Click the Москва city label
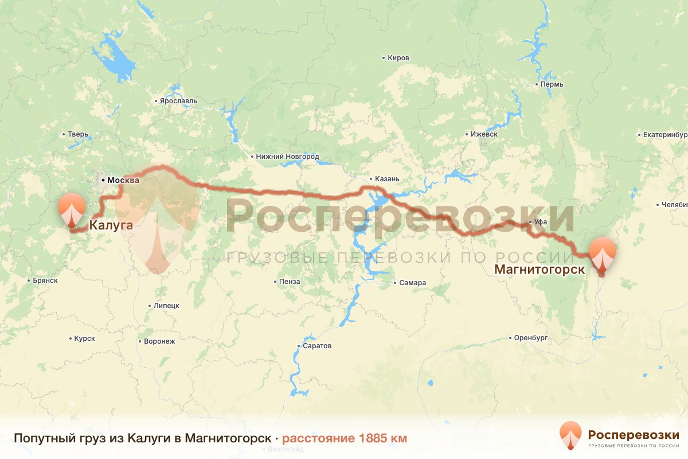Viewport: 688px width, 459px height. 123,180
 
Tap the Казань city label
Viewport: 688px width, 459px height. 386,178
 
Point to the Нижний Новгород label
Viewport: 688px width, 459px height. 287,157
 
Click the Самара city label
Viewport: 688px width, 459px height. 413,283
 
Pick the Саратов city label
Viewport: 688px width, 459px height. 318,346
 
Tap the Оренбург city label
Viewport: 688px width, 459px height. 531,337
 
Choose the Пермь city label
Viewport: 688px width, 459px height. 552,84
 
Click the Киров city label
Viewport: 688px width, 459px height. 398,58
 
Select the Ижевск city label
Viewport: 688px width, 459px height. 483,134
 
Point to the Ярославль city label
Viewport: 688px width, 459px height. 178,101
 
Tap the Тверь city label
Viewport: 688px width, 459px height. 78,135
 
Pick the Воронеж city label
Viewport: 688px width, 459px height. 159,341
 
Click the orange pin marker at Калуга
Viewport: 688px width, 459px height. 72,210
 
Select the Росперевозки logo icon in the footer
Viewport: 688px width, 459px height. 571,435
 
